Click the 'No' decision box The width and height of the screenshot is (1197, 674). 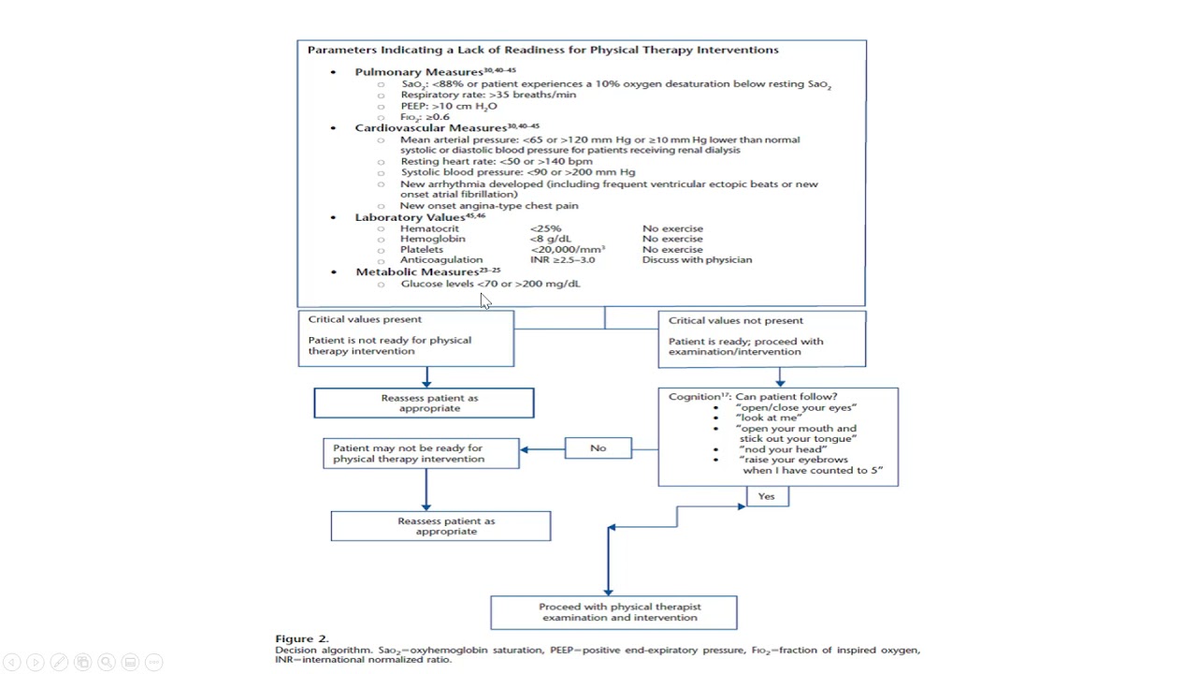click(x=598, y=448)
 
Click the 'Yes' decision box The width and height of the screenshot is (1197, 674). click(x=767, y=496)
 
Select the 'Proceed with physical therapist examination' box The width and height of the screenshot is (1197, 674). click(x=613, y=612)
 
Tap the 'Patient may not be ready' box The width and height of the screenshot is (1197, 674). click(x=421, y=454)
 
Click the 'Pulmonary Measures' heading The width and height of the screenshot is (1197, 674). click(x=419, y=72)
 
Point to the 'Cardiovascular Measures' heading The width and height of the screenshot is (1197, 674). click(x=431, y=128)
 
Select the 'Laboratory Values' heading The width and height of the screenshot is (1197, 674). click(x=410, y=218)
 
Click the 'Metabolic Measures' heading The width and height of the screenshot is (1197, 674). click(x=417, y=272)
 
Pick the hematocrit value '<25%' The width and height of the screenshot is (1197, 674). click(x=545, y=228)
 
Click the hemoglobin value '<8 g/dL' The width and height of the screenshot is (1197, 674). click(x=551, y=239)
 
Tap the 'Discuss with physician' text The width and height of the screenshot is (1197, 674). click(x=697, y=260)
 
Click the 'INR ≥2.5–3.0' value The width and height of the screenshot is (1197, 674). click(x=562, y=260)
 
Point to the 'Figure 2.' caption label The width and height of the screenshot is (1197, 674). click(x=302, y=638)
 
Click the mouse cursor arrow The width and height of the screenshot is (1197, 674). click(x=485, y=301)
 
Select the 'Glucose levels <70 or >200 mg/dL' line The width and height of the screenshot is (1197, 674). click(x=491, y=284)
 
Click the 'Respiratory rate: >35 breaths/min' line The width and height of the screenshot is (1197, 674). click(x=488, y=95)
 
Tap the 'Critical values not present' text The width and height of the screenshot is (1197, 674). click(x=736, y=321)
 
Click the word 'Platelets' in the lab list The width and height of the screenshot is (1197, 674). click(x=422, y=250)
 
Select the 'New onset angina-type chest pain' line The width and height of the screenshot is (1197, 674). click(x=489, y=206)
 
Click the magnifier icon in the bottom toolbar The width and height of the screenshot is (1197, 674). click(x=107, y=662)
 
